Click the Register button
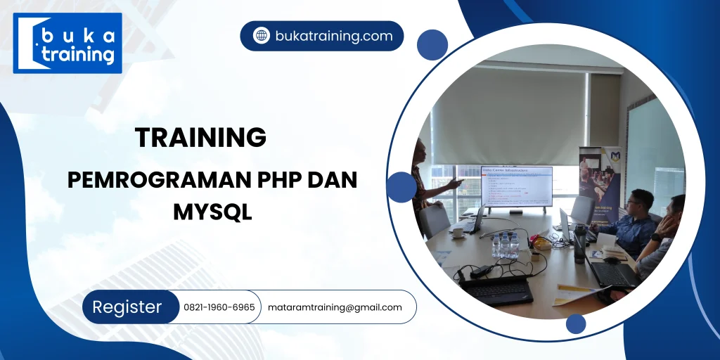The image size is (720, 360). coord(127,307)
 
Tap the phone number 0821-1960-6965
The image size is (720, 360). coord(219,307)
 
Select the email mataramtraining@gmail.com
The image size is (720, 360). coord(335,307)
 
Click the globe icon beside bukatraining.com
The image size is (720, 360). coord(262,36)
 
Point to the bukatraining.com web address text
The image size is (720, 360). coord(334,36)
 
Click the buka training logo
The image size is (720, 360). coord(67,43)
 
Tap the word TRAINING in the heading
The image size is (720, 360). coord(200,138)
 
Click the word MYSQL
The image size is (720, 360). coord(212,211)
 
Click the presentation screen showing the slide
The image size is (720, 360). coord(516,186)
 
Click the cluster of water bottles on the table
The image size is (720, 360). coord(505,245)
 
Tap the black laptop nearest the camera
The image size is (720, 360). coord(496,288)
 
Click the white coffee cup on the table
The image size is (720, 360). coord(458,231)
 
